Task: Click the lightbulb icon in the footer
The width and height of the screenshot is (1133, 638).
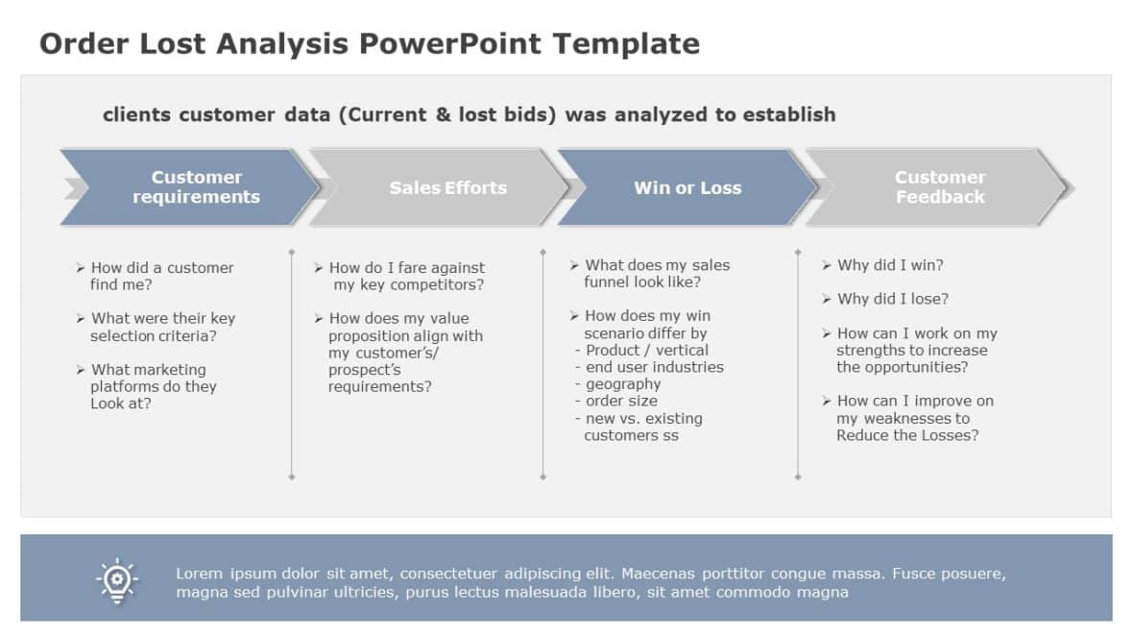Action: (x=116, y=579)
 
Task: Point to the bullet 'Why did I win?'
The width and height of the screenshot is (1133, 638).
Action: (x=890, y=265)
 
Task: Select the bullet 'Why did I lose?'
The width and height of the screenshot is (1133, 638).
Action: (x=892, y=299)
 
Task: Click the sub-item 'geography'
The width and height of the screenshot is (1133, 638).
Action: (x=623, y=384)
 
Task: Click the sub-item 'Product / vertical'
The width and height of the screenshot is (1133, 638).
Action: (x=646, y=351)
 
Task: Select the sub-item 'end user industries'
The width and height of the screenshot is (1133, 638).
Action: (x=654, y=367)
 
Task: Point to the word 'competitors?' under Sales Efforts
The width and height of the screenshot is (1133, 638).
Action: (x=437, y=285)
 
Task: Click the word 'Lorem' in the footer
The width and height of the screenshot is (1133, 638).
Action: (x=200, y=574)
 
